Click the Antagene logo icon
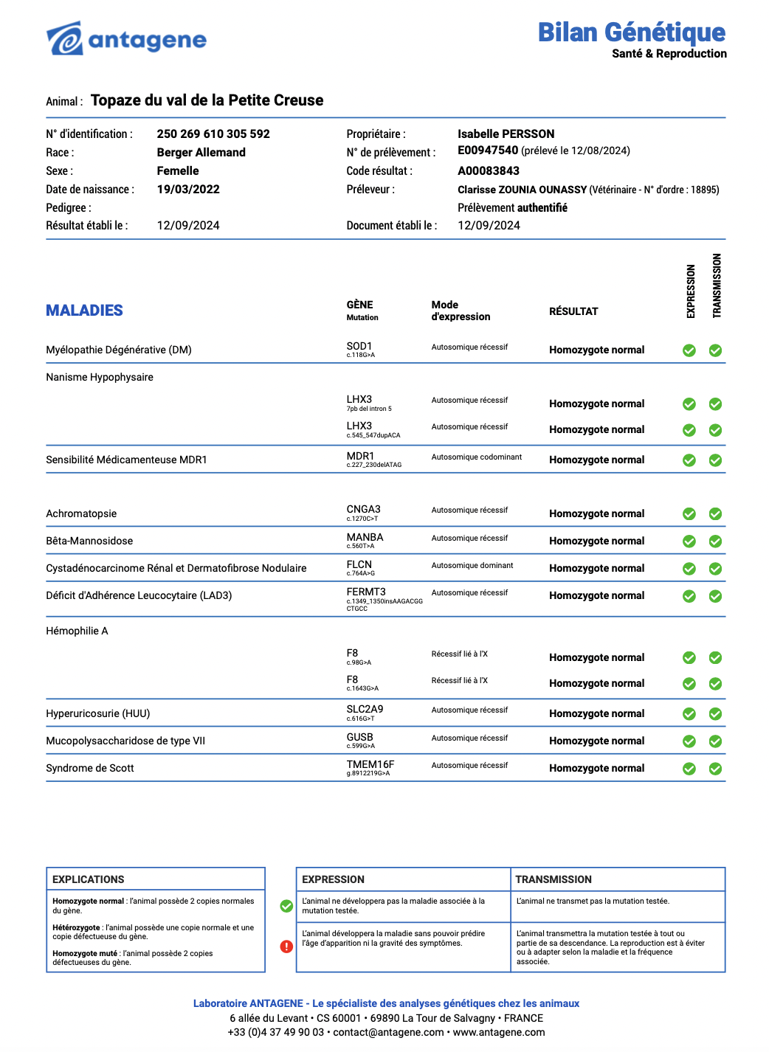point(64,38)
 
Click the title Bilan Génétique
point(631,32)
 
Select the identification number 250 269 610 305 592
point(213,134)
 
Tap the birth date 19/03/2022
point(188,189)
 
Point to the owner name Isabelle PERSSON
point(506,134)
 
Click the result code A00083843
point(489,170)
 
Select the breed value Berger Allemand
point(201,152)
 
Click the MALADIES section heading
point(84,311)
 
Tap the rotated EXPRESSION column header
point(691,291)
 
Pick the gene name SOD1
point(359,346)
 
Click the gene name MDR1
point(360,456)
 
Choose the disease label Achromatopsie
point(81,513)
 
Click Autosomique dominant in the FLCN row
point(472,565)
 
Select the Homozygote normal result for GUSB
point(596,741)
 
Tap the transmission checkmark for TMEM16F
point(715,769)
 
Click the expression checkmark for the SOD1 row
point(689,350)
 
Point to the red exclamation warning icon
point(286,947)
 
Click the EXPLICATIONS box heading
point(89,879)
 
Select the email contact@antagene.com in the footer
point(388,1032)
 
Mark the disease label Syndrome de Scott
point(90,768)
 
